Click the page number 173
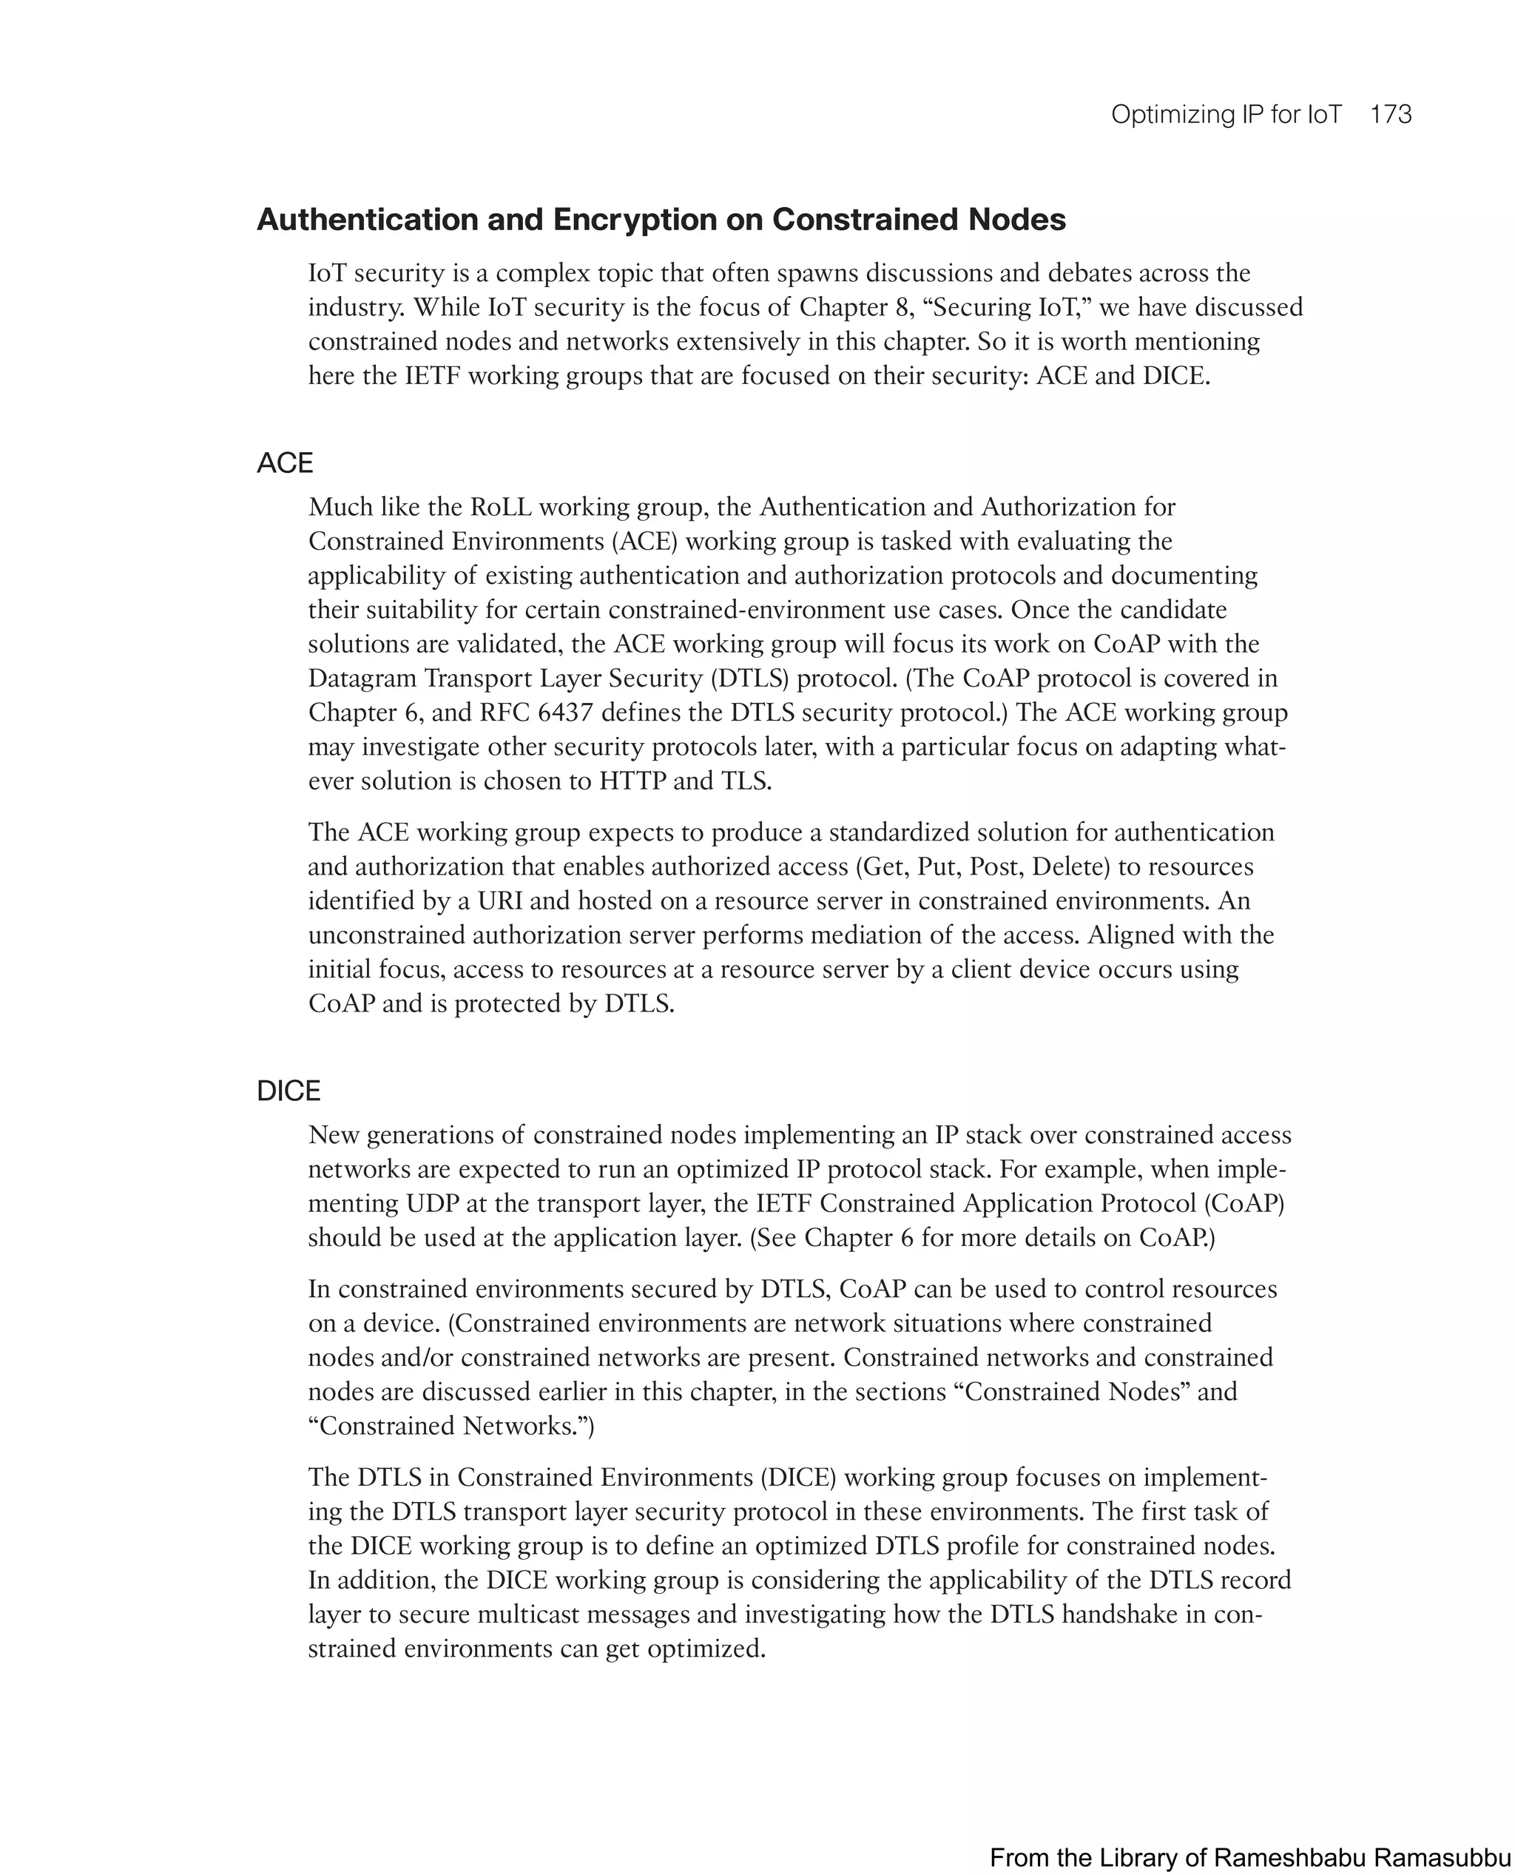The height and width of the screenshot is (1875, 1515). (1390, 115)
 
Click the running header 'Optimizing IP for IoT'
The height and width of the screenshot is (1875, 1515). (1225, 115)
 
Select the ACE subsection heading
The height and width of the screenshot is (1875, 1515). (285, 462)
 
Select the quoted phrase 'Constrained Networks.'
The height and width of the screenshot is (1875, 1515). (451, 1425)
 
